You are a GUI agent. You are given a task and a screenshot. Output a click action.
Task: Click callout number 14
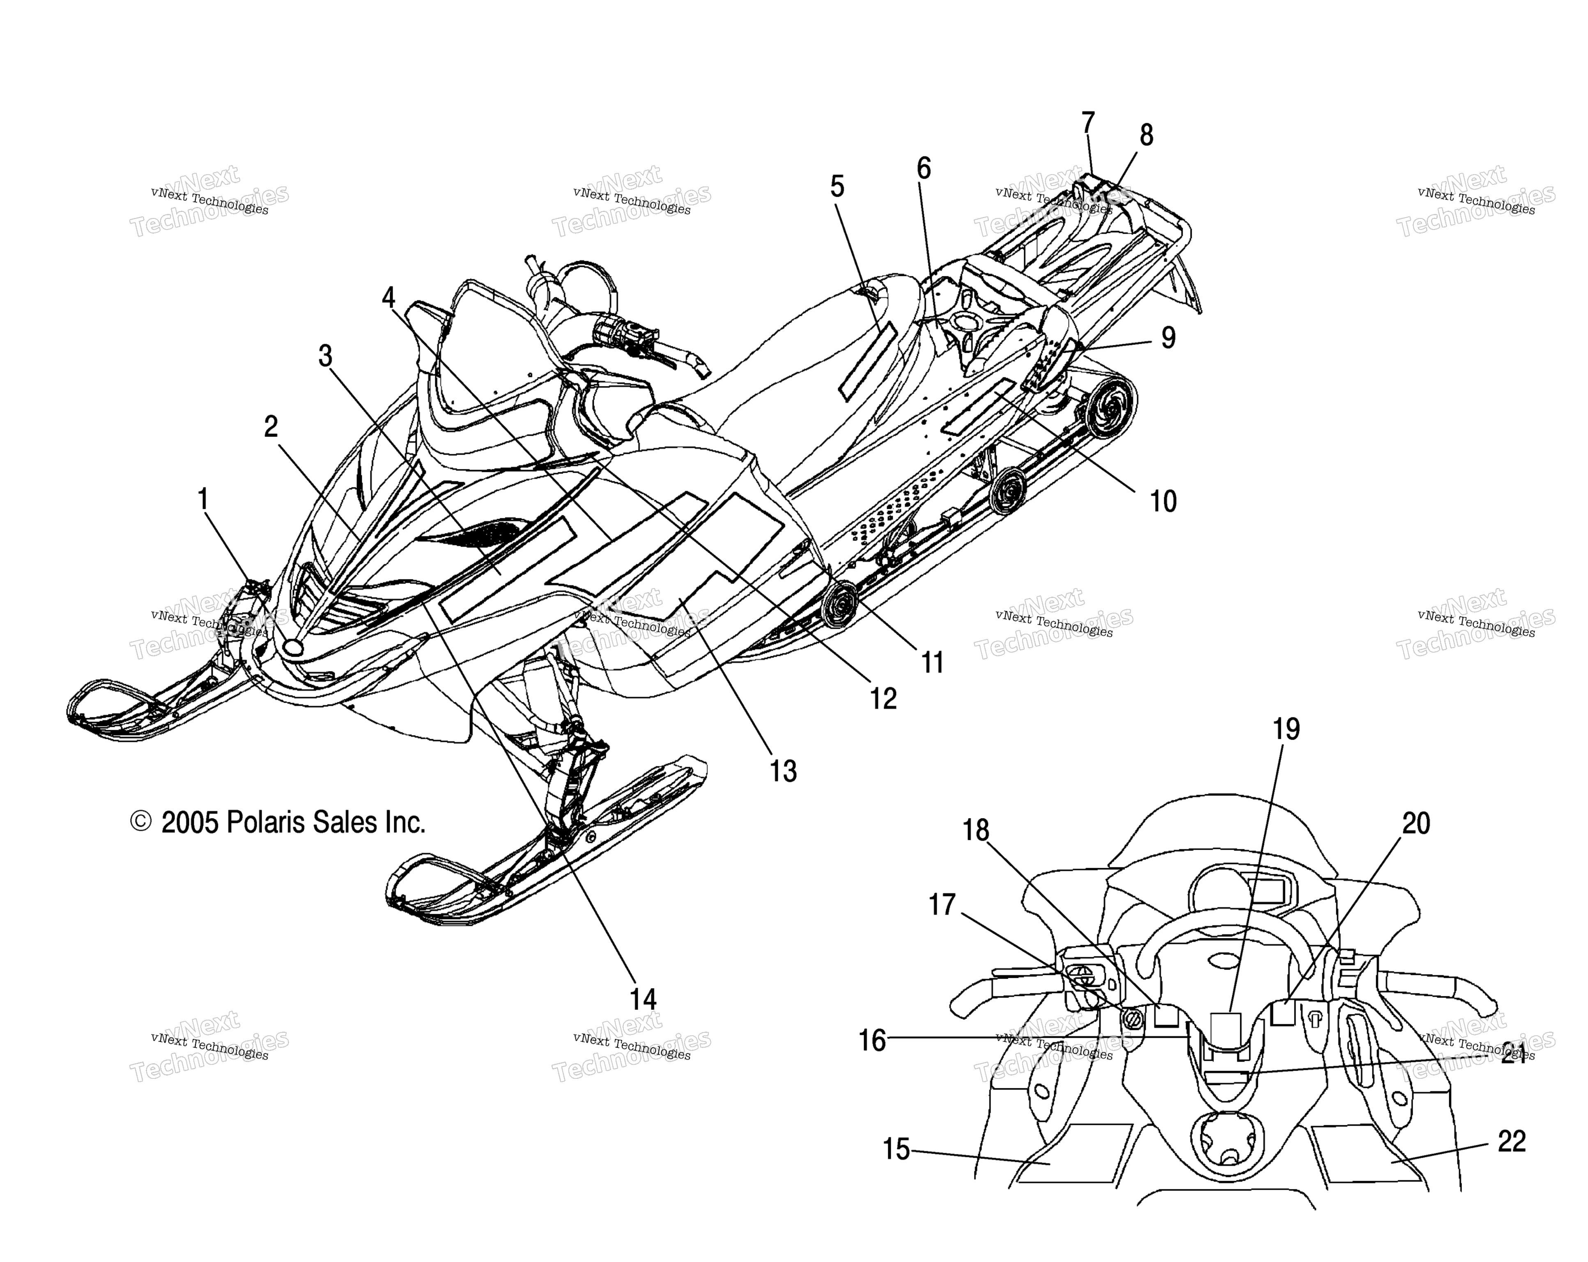pyautogui.click(x=643, y=999)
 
